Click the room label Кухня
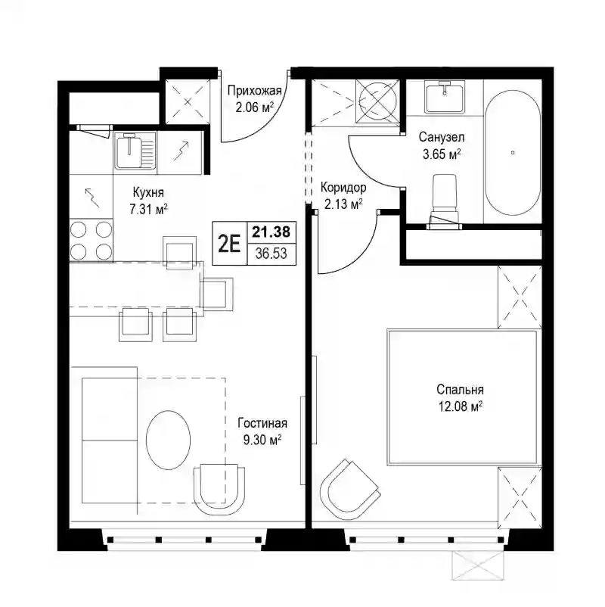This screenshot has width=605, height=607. [x=148, y=192]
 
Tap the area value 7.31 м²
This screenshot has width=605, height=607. [x=148, y=210]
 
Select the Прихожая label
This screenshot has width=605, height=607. [x=254, y=91]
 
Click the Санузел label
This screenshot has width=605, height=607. [x=442, y=137]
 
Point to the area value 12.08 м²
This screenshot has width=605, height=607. [x=461, y=406]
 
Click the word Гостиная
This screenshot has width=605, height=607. [x=262, y=423]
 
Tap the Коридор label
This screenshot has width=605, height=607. [x=343, y=188]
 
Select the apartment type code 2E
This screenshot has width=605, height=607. [x=229, y=244]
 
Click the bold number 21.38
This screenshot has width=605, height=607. [x=271, y=232]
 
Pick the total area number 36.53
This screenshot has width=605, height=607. [x=271, y=254]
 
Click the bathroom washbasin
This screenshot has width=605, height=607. [x=445, y=97]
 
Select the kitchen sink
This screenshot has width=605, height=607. [x=135, y=151]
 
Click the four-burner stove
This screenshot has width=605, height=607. [x=92, y=240]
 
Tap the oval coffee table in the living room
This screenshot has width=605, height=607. [x=169, y=440]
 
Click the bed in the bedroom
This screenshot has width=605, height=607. [x=462, y=397]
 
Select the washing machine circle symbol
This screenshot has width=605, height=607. [x=377, y=101]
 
